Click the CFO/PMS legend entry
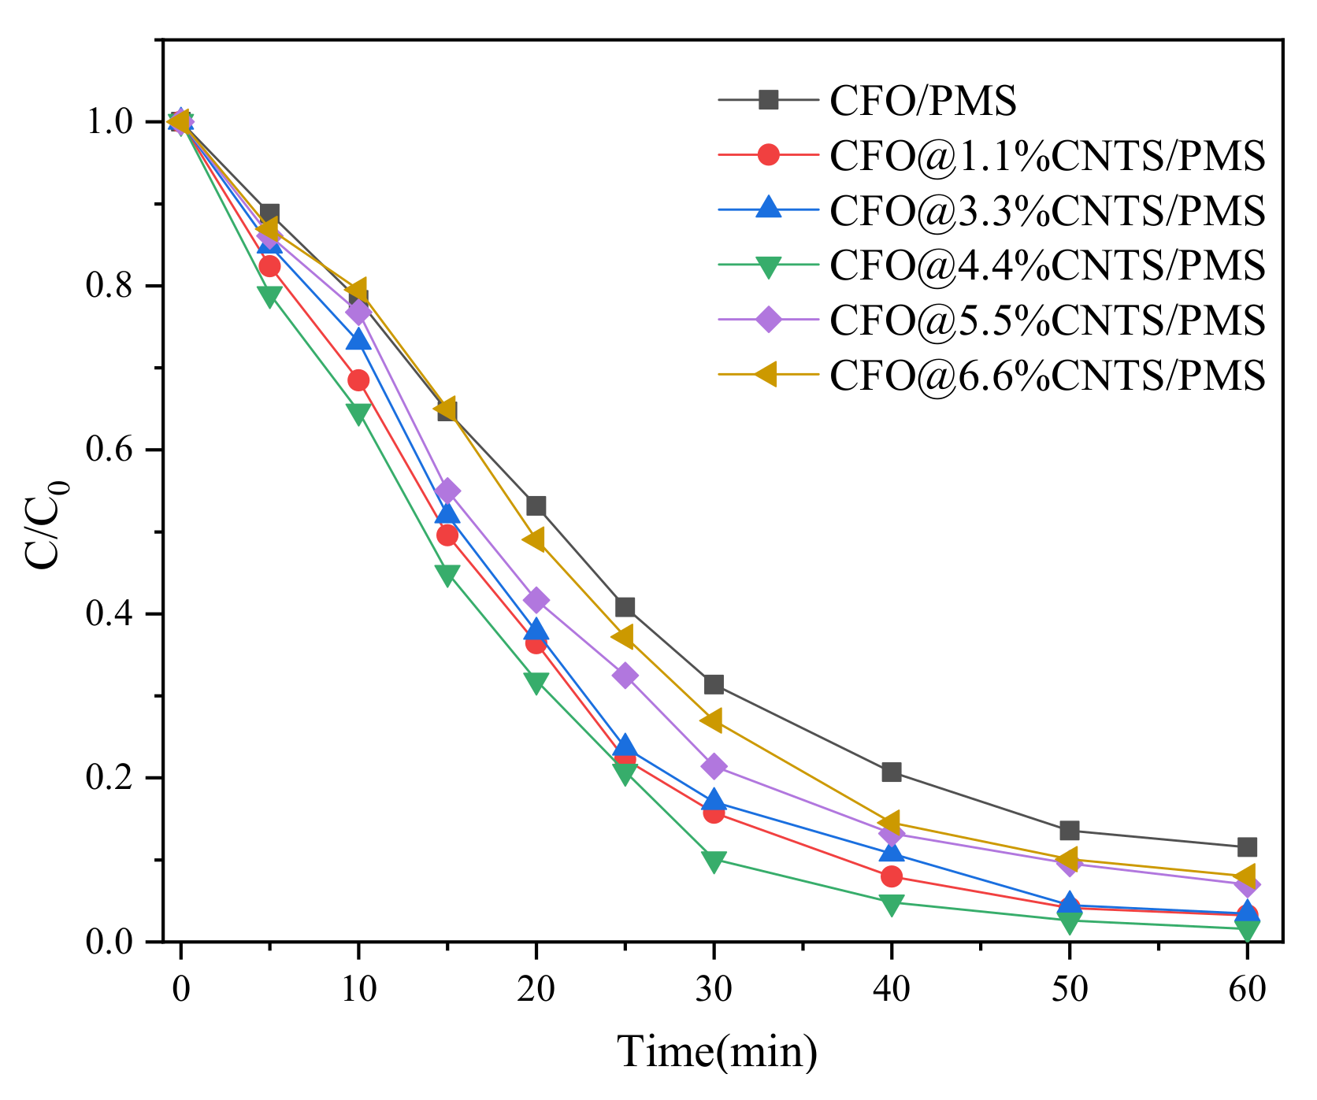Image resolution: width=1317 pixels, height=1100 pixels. point(923,101)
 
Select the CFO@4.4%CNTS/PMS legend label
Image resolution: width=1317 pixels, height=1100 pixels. point(1048,265)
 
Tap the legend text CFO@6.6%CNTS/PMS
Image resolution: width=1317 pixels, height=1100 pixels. point(1048,376)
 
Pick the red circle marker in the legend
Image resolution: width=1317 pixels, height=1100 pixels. point(768,155)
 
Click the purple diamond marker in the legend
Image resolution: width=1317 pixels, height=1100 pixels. point(768,320)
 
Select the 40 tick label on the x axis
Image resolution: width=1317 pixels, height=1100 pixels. point(892,988)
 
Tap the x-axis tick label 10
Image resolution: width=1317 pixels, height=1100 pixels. point(358,988)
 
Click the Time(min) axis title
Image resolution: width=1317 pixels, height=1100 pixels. point(717,1052)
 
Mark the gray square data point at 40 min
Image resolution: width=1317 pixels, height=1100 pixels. point(892,772)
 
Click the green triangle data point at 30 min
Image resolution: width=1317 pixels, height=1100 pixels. point(714,861)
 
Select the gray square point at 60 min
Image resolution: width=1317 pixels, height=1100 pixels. point(1247,847)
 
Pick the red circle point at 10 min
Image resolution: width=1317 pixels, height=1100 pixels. point(358,381)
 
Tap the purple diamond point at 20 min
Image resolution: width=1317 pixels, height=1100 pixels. point(536,601)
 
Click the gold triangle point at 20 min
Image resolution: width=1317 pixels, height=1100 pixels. point(535,540)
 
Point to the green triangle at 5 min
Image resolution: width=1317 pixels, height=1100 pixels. point(269,297)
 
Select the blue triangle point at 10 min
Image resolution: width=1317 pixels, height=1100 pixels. point(358,339)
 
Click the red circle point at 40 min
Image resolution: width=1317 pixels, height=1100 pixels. point(892,876)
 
